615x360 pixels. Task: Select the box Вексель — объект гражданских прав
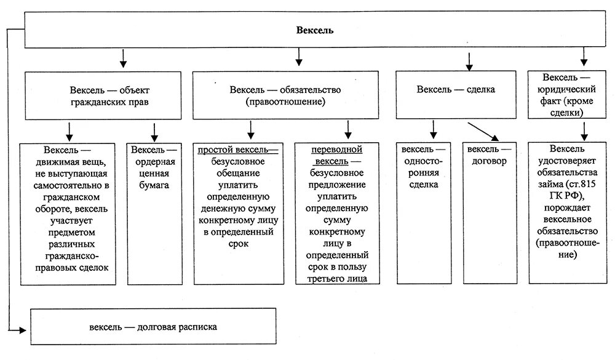coord(103,95)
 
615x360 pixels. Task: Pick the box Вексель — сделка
coord(456,90)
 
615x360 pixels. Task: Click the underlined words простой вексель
coord(237,150)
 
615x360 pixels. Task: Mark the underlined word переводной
coord(336,150)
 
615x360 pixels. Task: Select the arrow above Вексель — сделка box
coord(470,62)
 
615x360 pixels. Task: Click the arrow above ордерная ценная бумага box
coord(154,131)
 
